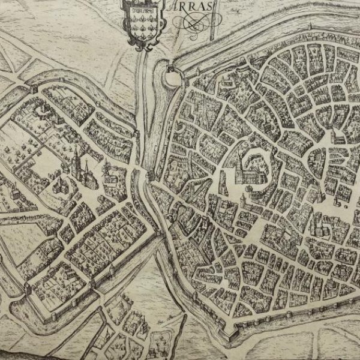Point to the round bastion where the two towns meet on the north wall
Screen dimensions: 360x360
click(x=173, y=76)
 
